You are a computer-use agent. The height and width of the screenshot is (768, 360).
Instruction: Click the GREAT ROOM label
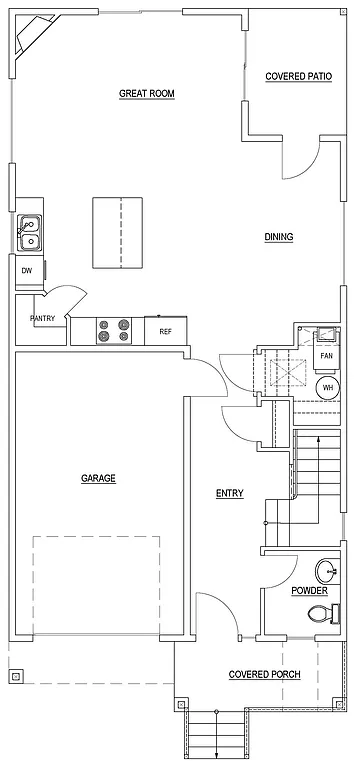(x=147, y=93)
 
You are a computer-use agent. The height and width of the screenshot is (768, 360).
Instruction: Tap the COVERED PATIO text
(x=299, y=76)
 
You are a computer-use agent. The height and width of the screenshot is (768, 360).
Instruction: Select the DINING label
(x=278, y=237)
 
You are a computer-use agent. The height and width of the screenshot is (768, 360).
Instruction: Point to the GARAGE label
(x=98, y=478)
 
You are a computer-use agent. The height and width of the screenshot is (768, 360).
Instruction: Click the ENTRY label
(x=229, y=493)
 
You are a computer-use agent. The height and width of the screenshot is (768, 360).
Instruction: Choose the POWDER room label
(x=309, y=590)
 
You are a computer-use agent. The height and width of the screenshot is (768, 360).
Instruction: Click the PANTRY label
(x=42, y=319)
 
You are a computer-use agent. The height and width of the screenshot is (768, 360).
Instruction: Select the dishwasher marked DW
(x=27, y=270)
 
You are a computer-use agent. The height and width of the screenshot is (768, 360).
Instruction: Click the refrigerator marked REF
(x=165, y=329)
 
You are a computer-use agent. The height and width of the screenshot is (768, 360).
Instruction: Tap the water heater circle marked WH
(x=327, y=388)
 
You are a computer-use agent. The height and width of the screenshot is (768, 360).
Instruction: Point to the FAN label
(x=326, y=355)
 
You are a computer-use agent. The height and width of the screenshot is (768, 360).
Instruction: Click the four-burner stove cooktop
(x=113, y=329)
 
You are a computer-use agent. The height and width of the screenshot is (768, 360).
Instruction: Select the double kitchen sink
(x=29, y=234)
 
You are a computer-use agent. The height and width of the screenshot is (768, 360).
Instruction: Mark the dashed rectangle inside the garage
(x=96, y=584)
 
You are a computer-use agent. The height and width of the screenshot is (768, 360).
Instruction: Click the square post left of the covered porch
(x=16, y=676)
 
